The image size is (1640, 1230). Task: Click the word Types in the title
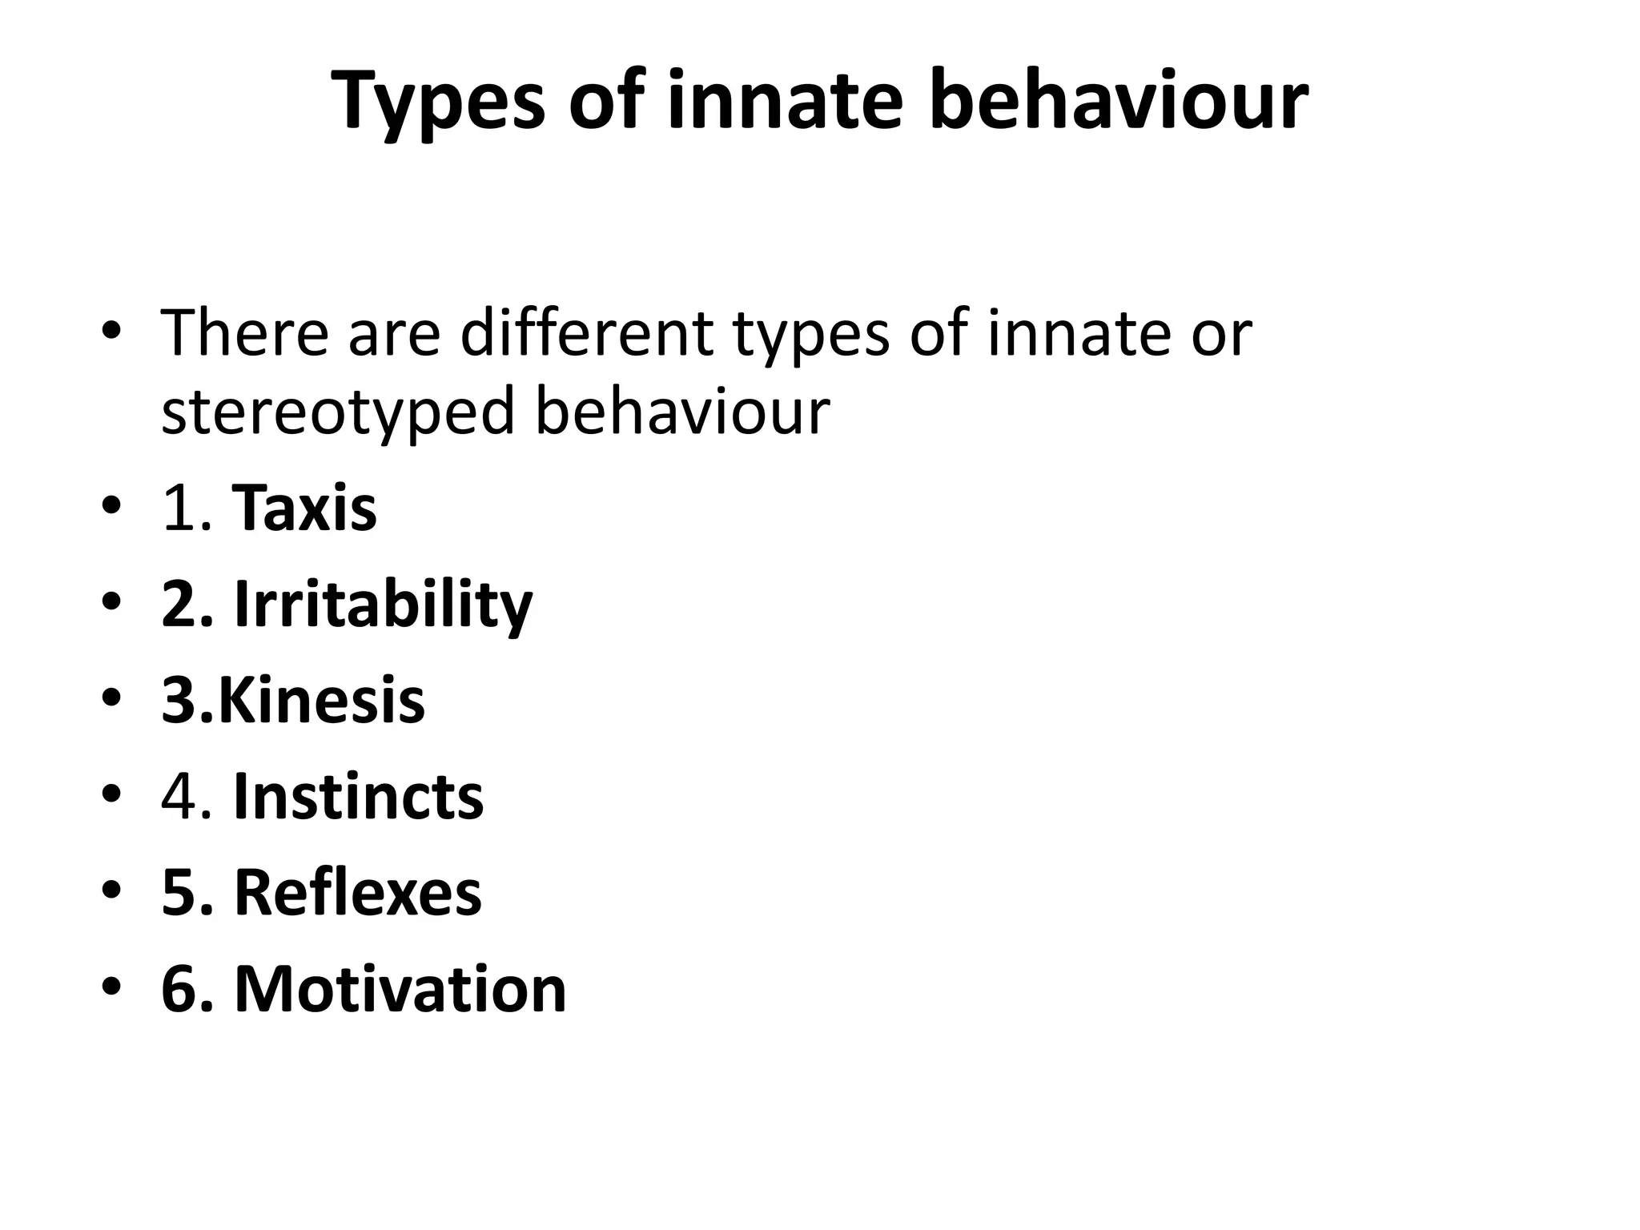(436, 102)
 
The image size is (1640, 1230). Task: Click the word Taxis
(304, 508)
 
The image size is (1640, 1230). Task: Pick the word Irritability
(383, 605)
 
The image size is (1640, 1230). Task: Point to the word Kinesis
(321, 701)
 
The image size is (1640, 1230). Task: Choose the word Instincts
(358, 797)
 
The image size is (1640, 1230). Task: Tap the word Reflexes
(357, 893)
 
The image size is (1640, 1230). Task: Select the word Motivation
(400, 990)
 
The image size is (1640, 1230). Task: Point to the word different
(586, 332)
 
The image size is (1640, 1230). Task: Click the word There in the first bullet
(244, 332)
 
